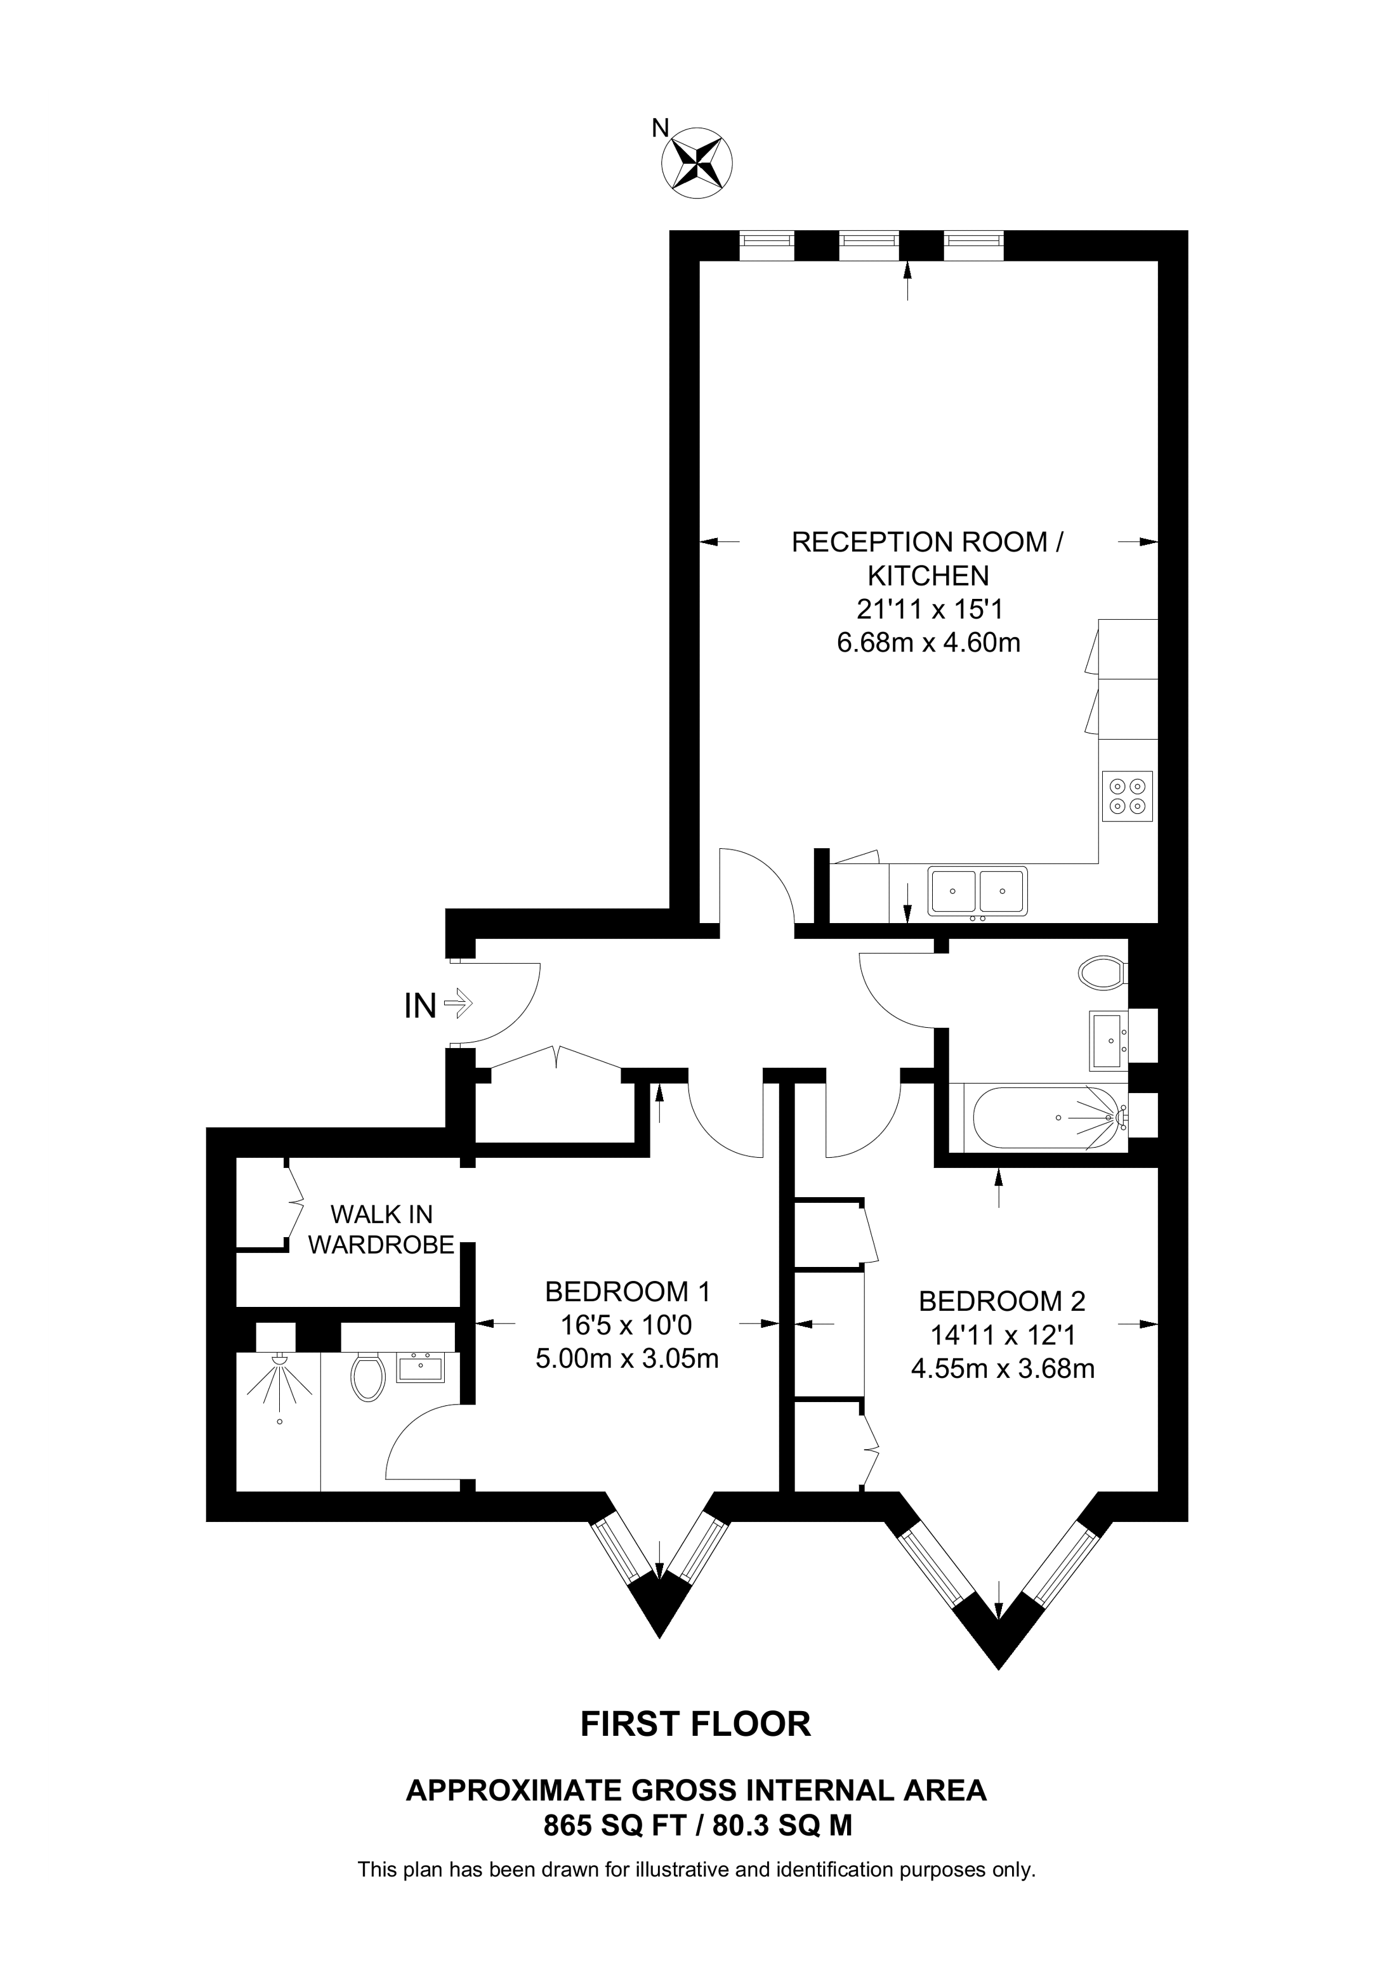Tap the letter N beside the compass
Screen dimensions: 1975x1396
660,128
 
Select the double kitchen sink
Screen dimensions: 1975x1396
977,891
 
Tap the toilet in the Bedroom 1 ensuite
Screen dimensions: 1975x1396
367,1377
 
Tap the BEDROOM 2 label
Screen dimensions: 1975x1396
1002,1301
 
